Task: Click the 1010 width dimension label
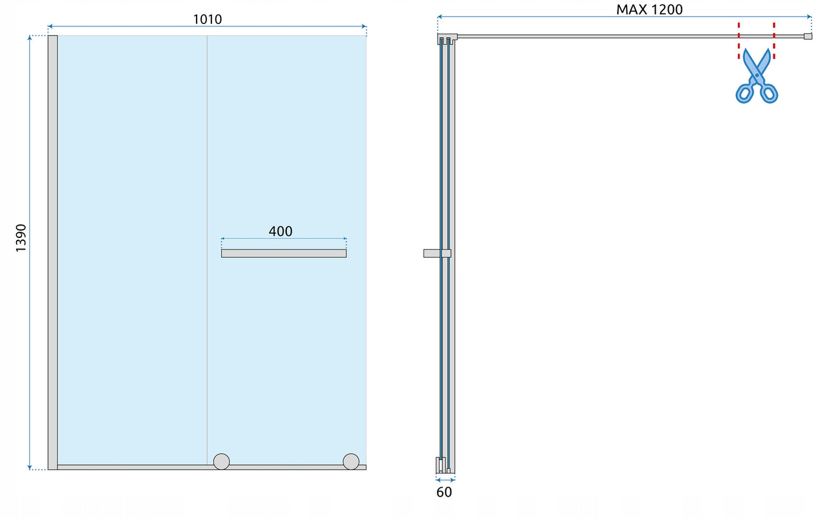pos(208,19)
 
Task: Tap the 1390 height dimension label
pos(21,238)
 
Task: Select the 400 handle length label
pos(280,231)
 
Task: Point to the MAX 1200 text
pos(649,10)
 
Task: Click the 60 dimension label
pos(444,492)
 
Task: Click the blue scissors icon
pos(757,76)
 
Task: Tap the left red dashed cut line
pos(739,41)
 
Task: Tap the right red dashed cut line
pos(774,41)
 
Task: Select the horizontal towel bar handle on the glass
pos(284,254)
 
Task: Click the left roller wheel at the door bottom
pos(222,461)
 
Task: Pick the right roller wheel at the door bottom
pos(351,461)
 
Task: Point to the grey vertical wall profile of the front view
pos(53,252)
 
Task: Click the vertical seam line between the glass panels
pos(208,250)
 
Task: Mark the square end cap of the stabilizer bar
pos(808,36)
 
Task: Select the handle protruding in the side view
pos(437,254)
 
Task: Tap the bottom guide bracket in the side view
pos(445,465)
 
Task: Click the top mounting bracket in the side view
pos(447,39)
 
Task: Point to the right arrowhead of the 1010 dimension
pos(364,26)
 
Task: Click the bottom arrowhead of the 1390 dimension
pos(30,468)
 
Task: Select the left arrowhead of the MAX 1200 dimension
pos(440,17)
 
